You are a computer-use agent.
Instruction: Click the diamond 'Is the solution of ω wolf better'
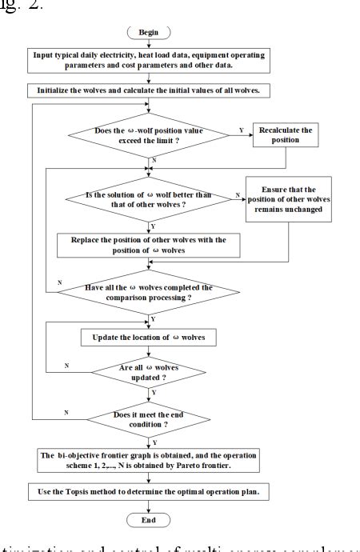point(150,200)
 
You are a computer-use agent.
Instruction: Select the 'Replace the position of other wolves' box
point(149,244)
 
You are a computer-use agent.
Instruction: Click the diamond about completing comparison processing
point(150,293)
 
